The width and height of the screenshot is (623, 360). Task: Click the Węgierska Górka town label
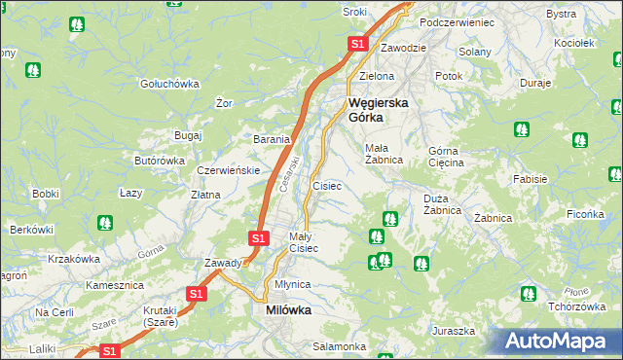pyautogui.click(x=380, y=109)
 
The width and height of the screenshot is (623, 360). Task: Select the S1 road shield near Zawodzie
pyautogui.click(x=357, y=44)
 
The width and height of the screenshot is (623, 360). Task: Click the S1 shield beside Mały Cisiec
pyautogui.click(x=257, y=237)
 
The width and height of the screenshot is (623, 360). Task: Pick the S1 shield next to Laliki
pyautogui.click(x=110, y=350)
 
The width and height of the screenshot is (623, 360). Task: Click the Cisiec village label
pyautogui.click(x=326, y=185)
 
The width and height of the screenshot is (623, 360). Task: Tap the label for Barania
pyautogui.click(x=272, y=139)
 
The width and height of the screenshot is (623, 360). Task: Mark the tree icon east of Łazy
pyautogui.click(x=104, y=223)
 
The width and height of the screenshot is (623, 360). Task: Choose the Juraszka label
pyautogui.click(x=455, y=331)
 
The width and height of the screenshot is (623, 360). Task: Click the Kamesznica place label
pyautogui.click(x=114, y=285)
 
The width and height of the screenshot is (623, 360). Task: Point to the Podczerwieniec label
pyautogui.click(x=457, y=21)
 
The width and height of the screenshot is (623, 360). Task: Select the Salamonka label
pyautogui.click(x=339, y=346)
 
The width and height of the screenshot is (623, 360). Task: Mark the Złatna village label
pyautogui.click(x=204, y=195)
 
